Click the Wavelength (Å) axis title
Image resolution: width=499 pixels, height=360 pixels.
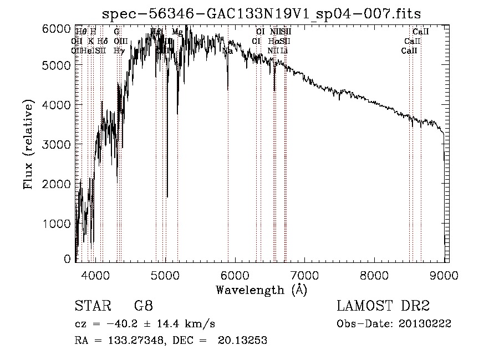[x=261, y=289]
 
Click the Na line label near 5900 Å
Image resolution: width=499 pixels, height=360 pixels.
[x=227, y=51]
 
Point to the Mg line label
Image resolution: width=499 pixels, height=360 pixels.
[x=177, y=32]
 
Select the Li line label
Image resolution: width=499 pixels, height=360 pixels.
[x=284, y=51]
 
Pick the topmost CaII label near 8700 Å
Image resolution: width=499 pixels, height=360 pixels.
[x=421, y=32]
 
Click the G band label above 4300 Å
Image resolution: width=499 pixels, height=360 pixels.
[x=116, y=32]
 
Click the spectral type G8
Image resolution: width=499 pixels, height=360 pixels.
[x=144, y=306]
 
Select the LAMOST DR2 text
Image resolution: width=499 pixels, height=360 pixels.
[x=383, y=306]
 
